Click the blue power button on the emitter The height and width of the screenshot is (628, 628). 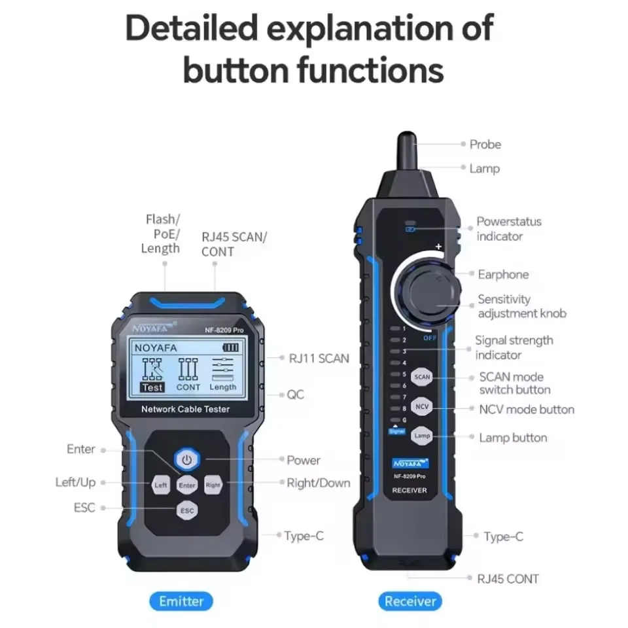coord(187,460)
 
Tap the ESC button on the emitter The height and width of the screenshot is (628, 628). coord(187,510)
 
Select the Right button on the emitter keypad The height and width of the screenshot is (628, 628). coord(213,485)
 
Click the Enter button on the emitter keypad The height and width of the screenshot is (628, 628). coord(187,485)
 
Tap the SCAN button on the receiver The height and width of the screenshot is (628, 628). coord(422,377)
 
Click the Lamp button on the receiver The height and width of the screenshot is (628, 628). coord(422,435)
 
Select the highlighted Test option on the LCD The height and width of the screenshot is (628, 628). coord(152,387)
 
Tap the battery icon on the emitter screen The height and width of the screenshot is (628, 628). coord(231,347)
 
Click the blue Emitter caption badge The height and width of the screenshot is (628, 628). coord(181,601)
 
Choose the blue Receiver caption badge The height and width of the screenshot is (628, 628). coord(410,601)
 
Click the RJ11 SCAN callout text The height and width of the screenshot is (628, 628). coord(319,358)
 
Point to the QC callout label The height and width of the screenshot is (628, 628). coord(296,394)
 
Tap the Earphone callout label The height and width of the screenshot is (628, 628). coord(503,274)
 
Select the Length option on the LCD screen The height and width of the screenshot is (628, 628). coord(223,387)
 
